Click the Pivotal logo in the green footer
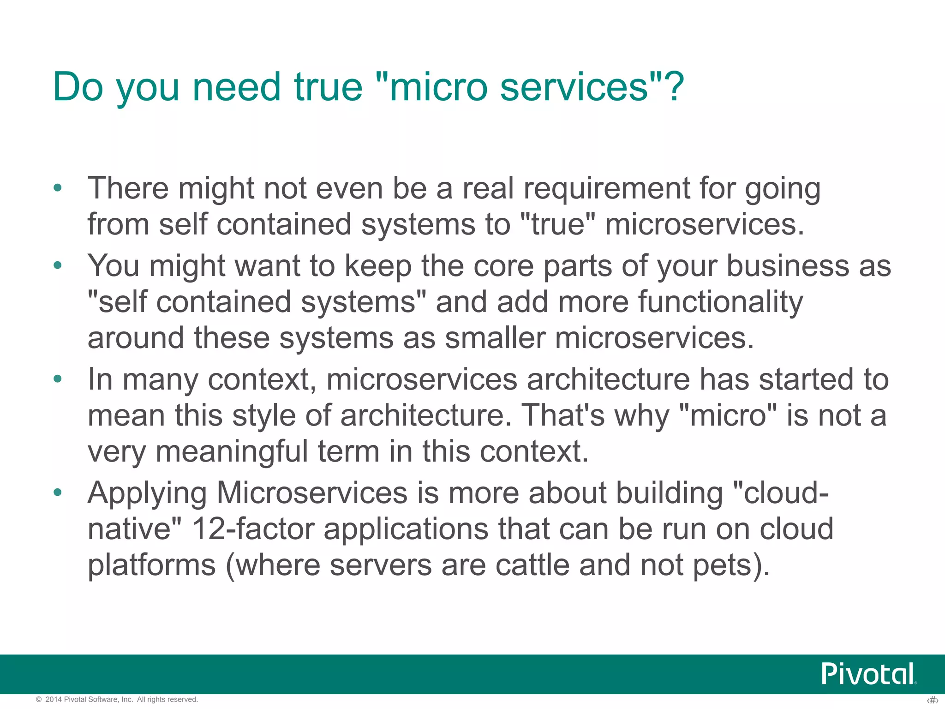pyautogui.click(x=868, y=674)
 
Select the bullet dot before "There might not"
pyautogui.click(x=57, y=188)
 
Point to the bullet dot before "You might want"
pyautogui.click(x=57, y=266)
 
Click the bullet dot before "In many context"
pyautogui.click(x=57, y=379)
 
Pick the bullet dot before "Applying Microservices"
pyautogui.click(x=57, y=493)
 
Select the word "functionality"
pyautogui.click(x=720, y=302)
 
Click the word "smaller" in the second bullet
pyautogui.click(x=495, y=338)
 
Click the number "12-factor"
pyautogui.click(x=253, y=529)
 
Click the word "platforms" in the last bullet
pyautogui.click(x=152, y=566)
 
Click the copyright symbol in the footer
pyautogui.click(x=39, y=700)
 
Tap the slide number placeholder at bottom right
pyautogui.click(x=932, y=700)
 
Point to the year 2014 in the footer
pyautogui.click(x=54, y=700)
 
